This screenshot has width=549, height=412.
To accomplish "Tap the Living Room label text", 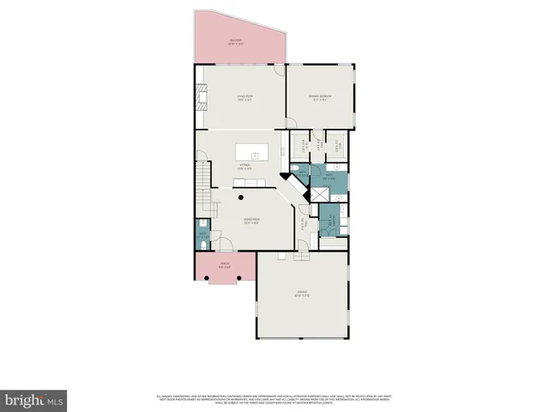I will (x=244, y=98).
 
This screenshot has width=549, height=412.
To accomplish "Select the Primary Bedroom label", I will (x=321, y=97).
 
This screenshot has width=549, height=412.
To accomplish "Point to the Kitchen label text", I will (x=244, y=167).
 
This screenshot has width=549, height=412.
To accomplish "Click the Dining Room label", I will (x=250, y=221).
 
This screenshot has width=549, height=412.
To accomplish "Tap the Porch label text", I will (x=225, y=264).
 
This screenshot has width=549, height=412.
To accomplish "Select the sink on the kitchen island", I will (x=255, y=155).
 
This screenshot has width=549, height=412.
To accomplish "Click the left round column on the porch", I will (x=205, y=280).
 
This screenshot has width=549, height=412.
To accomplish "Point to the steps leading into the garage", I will (x=301, y=255).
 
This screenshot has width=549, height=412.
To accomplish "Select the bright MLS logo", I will (x=34, y=400).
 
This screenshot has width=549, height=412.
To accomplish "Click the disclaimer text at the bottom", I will (x=274, y=398).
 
